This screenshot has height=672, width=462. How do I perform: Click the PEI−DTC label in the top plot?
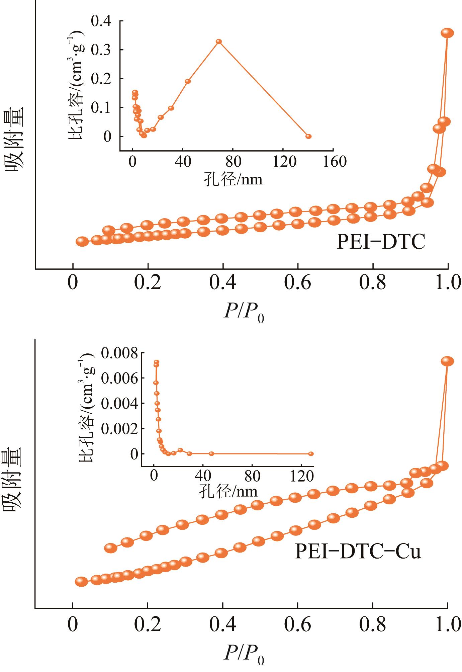click(381, 242)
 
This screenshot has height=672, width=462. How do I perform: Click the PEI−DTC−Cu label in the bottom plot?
click(358, 552)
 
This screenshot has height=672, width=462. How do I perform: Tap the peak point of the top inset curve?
click(219, 41)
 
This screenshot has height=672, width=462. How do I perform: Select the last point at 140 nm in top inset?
click(308, 136)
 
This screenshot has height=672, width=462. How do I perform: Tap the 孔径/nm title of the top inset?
click(233, 179)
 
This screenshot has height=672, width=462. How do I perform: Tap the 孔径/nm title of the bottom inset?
click(229, 491)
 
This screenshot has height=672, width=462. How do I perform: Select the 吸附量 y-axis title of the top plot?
click(14, 139)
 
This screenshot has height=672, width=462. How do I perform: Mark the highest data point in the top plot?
click(447, 33)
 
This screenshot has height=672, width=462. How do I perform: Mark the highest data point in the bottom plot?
click(447, 361)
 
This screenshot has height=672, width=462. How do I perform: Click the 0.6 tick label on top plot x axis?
click(297, 283)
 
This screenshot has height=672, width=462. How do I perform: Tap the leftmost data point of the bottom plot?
click(81, 582)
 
